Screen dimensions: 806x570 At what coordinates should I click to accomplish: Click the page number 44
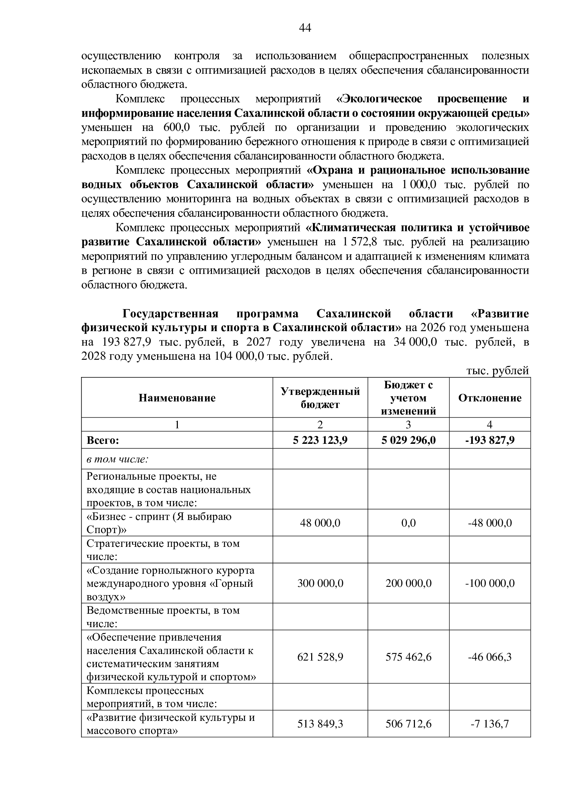pos(305,28)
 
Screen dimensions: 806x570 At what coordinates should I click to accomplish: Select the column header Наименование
pos(177,398)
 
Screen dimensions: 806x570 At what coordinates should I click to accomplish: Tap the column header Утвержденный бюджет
pos(320,398)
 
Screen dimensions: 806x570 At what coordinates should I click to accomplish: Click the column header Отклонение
pos(490,398)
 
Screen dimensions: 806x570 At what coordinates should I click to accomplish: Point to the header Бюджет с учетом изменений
pos(408,398)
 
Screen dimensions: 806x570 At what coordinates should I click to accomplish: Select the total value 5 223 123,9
pos(320,440)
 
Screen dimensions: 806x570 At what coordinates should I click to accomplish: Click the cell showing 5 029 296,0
pos(408,440)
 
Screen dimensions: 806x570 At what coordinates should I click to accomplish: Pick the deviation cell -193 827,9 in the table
pos(490,440)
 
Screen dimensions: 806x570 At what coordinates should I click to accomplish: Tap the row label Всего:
pos(103,440)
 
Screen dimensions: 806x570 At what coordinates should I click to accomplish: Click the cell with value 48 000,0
pos(320,523)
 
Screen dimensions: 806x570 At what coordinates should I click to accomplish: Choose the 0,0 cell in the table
pos(408,523)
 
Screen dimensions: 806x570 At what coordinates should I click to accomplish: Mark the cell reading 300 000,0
pos(320,583)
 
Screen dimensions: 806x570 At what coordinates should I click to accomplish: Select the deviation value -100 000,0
pos(490,583)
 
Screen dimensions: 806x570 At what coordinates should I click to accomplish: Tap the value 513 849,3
pos(320,724)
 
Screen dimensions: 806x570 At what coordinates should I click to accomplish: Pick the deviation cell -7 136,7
pos(490,724)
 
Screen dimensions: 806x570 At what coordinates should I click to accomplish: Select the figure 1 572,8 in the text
pos(358,242)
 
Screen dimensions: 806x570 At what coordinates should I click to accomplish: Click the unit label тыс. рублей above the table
pos(497,371)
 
